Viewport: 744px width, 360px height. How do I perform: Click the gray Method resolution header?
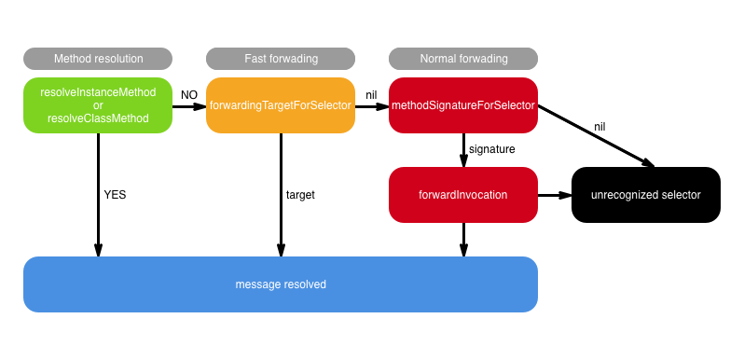(98, 58)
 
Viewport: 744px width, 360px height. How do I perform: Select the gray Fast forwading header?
(281, 58)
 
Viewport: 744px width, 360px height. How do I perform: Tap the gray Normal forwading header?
(463, 58)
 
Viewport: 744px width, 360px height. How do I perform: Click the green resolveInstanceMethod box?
(98, 105)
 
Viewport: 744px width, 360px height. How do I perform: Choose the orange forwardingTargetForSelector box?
(281, 105)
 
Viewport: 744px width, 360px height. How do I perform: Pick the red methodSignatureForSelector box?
(463, 105)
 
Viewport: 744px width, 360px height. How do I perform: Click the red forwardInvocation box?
(463, 195)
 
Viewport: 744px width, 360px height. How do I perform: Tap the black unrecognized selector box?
(645, 195)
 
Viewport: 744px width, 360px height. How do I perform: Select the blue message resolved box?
(281, 284)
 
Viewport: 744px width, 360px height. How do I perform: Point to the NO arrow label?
(189, 95)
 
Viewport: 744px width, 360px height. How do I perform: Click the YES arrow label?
(115, 195)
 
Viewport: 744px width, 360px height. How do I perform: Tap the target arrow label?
(300, 195)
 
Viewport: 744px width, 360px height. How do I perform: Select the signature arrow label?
(491, 148)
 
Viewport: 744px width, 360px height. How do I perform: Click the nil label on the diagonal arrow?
(600, 126)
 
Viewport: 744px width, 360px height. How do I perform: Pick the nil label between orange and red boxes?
(371, 95)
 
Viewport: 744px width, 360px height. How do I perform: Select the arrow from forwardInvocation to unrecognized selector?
(554, 195)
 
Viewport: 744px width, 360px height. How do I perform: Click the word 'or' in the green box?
(98, 105)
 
